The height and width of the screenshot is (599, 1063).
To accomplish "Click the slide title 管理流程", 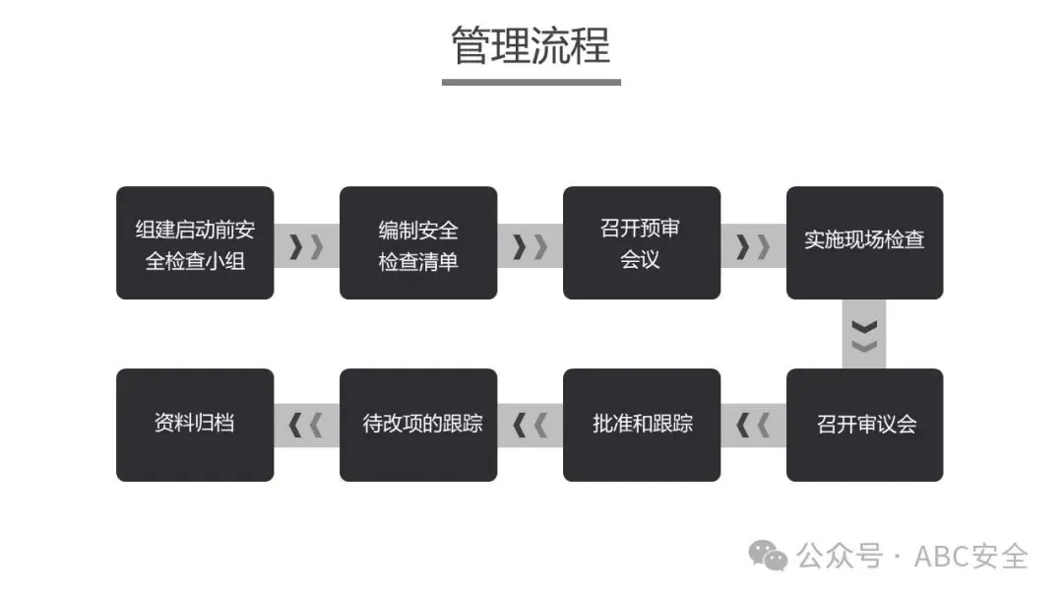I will click(x=531, y=46).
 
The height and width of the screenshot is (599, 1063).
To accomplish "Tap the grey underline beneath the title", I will click(x=531, y=82).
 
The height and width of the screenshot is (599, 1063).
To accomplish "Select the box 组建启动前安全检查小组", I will click(x=195, y=243).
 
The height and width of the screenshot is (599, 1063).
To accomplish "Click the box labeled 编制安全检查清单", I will click(x=418, y=243).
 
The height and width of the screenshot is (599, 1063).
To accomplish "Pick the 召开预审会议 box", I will click(x=642, y=243).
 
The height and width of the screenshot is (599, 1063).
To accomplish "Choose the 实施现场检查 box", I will click(x=864, y=243).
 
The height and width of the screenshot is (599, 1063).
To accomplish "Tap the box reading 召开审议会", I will click(x=864, y=425).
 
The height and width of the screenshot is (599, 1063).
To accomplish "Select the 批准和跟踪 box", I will click(x=642, y=425).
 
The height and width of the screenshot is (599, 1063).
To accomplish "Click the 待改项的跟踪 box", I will click(x=418, y=425).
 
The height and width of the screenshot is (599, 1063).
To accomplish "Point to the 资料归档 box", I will click(x=195, y=425).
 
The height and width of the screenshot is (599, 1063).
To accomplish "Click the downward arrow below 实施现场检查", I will click(x=864, y=335).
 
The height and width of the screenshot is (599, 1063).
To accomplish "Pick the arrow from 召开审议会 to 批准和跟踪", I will click(x=753, y=426).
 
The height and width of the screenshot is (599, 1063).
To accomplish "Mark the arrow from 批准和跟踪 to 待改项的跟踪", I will click(x=530, y=426).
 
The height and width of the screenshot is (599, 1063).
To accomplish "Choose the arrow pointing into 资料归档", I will click(x=306, y=426).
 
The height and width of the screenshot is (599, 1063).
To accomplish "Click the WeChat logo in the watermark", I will click(x=768, y=556).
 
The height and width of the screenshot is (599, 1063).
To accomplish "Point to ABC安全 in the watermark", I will click(x=970, y=556).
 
